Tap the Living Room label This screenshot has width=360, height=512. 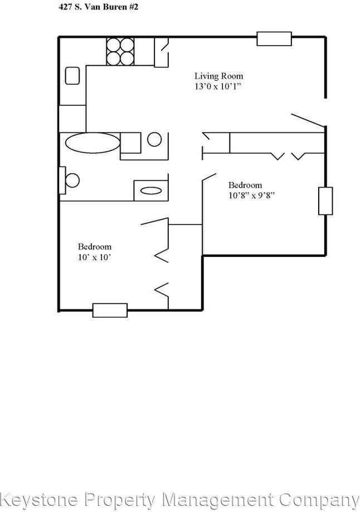click(x=218, y=76)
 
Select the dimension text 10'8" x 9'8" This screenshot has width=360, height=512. click(x=252, y=195)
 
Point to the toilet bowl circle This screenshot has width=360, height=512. click(x=72, y=181)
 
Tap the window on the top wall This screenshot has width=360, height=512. click(x=274, y=38)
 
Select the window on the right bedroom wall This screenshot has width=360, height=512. click(x=325, y=201)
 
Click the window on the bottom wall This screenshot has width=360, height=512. click(x=110, y=310)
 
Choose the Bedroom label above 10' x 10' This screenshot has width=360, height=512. click(x=94, y=246)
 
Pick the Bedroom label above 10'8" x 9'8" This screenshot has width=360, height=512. click(x=245, y=185)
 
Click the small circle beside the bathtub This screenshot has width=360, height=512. click(x=155, y=139)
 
